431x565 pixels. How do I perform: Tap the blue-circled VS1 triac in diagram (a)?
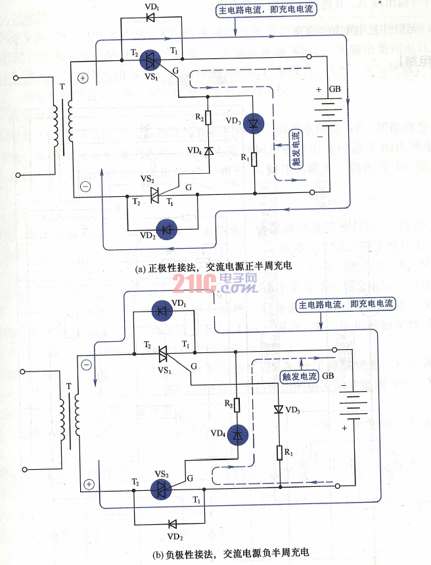pos(153,60)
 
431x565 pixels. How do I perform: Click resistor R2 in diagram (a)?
pos(208,118)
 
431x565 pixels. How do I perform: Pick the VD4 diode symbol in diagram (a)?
pos(208,151)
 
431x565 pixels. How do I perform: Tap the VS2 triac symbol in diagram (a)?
pos(155,194)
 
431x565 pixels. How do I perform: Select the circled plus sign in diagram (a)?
pos(83,77)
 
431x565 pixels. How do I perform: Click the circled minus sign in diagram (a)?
pos(85,186)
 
